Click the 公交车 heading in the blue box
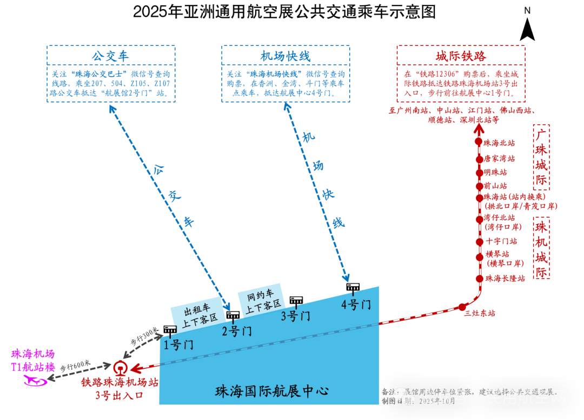(x=110, y=56)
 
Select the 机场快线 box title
(x=285, y=56)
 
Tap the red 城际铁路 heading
(x=461, y=56)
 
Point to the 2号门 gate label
(x=237, y=331)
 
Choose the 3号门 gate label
(x=295, y=316)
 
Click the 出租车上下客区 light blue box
(x=198, y=313)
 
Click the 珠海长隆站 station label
(x=505, y=279)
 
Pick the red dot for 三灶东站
(x=462, y=307)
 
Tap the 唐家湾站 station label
(x=499, y=159)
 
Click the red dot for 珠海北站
(x=479, y=141)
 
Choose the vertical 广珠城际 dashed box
(x=541, y=157)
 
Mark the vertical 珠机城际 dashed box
(x=541, y=248)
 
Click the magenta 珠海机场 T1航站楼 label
(x=34, y=361)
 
